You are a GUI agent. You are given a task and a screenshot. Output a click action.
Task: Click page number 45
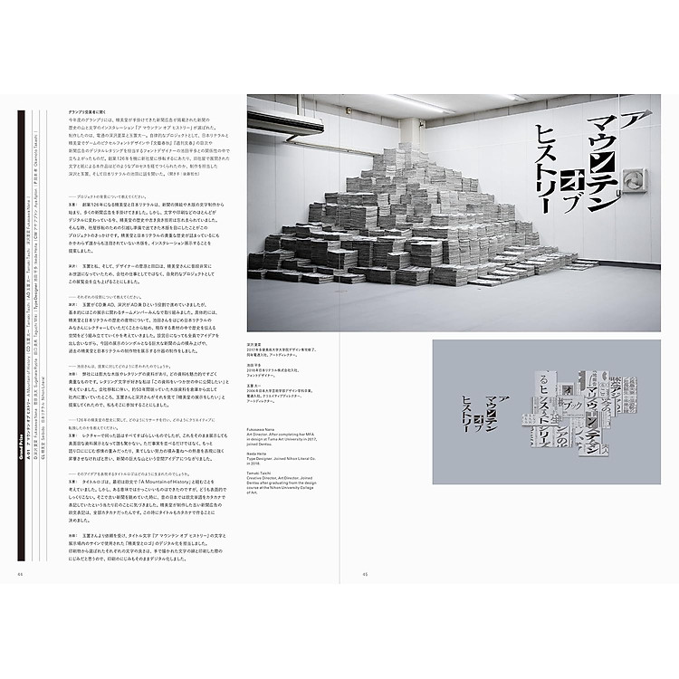[365, 571]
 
